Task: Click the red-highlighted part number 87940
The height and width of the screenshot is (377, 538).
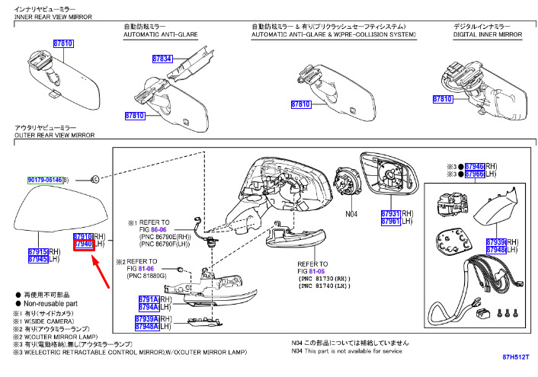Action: (82, 245)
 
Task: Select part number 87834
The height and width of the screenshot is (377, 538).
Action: (162, 59)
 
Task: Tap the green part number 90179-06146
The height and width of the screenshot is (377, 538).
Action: (46, 180)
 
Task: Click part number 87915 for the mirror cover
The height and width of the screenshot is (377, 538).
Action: (38, 251)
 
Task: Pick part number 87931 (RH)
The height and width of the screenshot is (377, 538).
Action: (391, 214)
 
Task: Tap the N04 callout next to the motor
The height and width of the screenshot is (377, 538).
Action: (351, 214)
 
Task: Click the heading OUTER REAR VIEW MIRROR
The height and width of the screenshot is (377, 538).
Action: (54, 134)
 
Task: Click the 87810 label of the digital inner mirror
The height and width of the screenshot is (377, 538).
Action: (442, 99)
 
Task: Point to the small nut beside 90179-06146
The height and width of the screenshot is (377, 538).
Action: (93, 179)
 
